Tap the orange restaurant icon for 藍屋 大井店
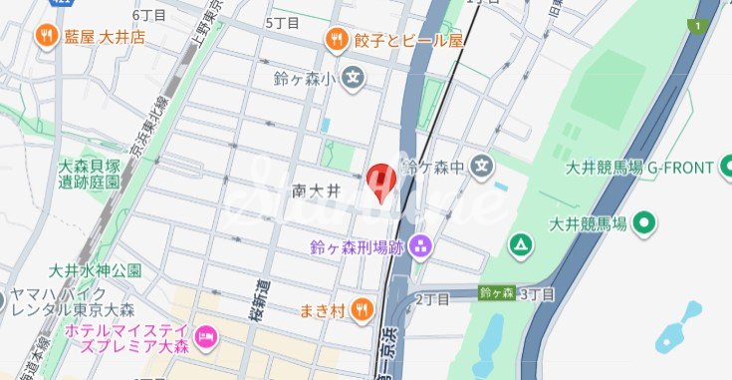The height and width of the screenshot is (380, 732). coord(46,37)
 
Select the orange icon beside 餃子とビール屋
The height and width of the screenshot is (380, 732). coord(336,40)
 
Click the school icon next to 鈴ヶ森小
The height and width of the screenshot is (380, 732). coord(354,77)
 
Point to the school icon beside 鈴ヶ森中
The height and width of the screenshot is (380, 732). coord(482,165)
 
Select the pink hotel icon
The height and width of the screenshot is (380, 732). coord(206,336)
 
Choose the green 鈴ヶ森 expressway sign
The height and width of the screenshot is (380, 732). coord(495,293)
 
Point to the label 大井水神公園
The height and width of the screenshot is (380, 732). coord(95,270)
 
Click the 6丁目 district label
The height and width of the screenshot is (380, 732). coord(148,14)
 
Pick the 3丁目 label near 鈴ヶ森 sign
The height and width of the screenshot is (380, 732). coord(536,293)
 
